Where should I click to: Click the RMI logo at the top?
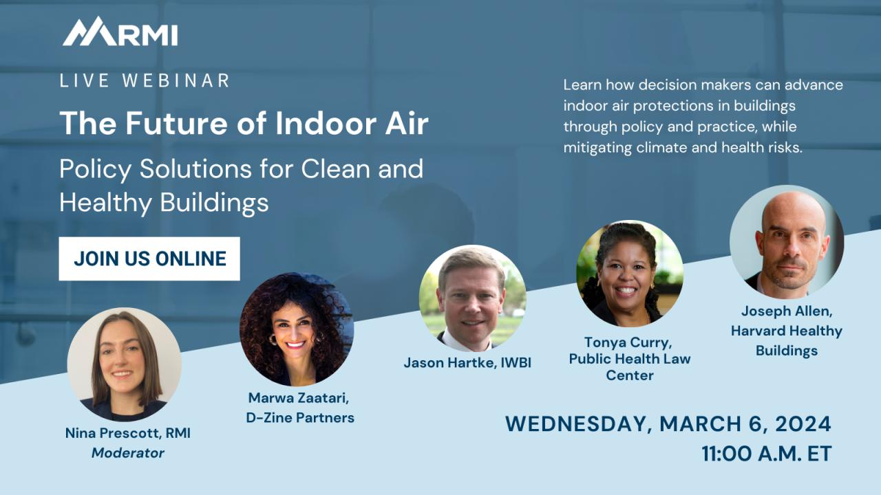[x=120, y=32]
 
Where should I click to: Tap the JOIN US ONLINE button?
[x=149, y=258]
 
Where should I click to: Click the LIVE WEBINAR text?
[x=145, y=80]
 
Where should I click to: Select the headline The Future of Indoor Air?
[x=244, y=123]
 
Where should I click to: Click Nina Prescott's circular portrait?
[x=125, y=364]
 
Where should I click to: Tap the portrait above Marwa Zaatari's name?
[x=297, y=329]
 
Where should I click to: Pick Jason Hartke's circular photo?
[x=472, y=298]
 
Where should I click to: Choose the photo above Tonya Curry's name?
[x=630, y=274]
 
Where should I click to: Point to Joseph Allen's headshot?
[x=787, y=242]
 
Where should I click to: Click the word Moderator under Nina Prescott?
[x=128, y=453]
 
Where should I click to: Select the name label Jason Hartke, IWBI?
[x=467, y=362]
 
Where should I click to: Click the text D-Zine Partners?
[x=300, y=417]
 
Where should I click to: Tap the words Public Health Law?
[x=630, y=359]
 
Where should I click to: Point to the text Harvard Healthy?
[x=787, y=331]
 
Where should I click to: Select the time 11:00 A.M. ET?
[x=767, y=454]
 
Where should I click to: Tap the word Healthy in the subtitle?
[x=106, y=203]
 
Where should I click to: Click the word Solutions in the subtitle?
[x=195, y=169]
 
